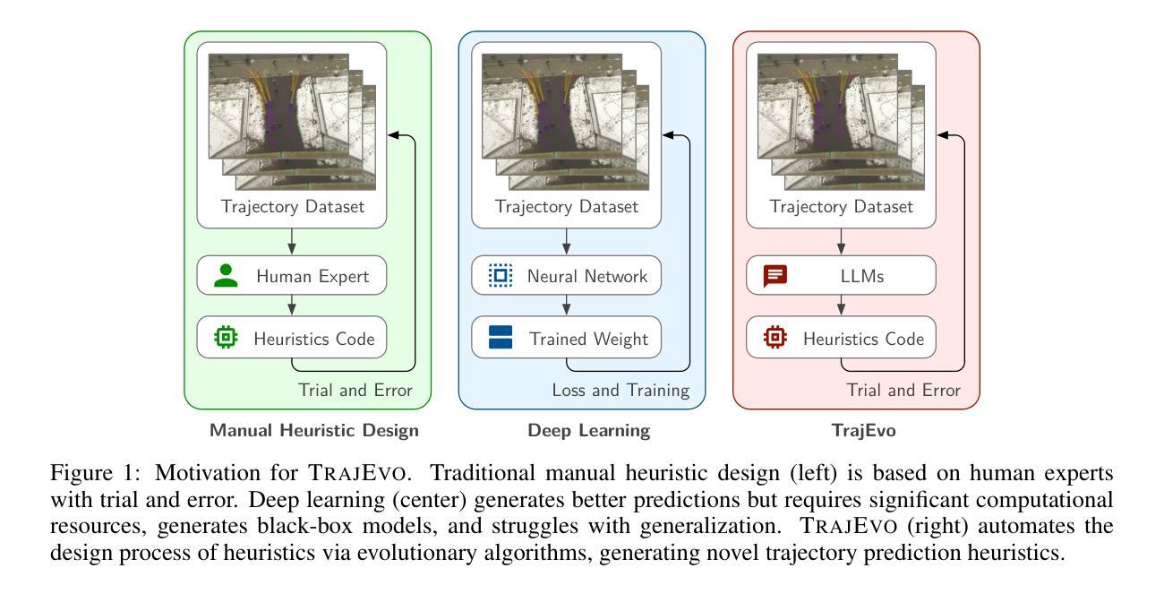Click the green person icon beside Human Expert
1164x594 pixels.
click(226, 276)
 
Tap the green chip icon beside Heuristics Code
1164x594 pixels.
click(226, 338)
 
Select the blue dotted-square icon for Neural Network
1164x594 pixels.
click(501, 275)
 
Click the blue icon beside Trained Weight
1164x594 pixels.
click(501, 338)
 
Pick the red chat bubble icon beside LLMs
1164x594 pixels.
click(775, 276)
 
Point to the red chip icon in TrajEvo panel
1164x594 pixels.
click(775, 338)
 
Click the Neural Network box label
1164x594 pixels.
click(587, 276)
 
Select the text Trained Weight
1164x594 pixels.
click(589, 340)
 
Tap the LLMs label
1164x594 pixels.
click(862, 276)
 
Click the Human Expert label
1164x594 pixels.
click(312, 276)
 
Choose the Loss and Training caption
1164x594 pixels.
click(621, 390)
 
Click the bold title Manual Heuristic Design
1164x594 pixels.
click(314, 430)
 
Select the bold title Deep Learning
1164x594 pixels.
click(589, 431)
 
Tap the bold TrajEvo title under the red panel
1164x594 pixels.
click(864, 431)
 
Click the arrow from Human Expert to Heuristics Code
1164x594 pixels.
click(292, 306)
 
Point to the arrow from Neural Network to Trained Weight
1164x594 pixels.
click(567, 306)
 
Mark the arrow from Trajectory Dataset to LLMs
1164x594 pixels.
click(842, 242)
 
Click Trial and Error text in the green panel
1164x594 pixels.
click(355, 390)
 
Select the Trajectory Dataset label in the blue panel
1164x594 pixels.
click(567, 206)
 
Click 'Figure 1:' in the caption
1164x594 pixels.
click(95, 473)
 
